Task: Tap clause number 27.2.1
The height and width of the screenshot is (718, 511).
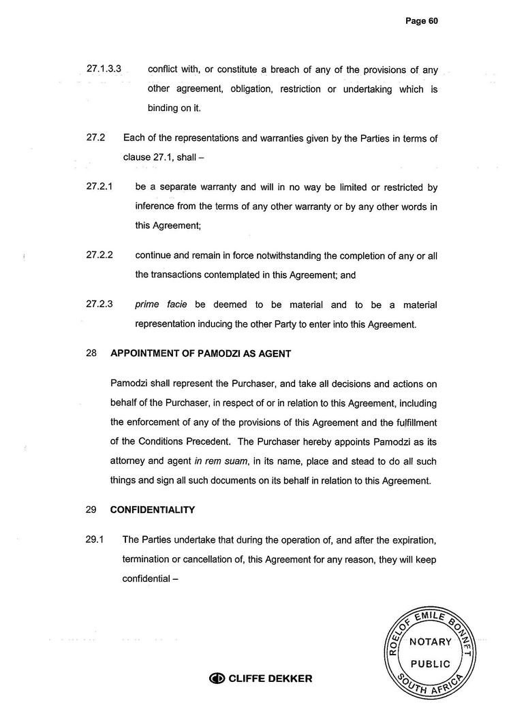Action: coord(99,187)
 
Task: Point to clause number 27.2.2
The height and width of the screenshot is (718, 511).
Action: coord(99,255)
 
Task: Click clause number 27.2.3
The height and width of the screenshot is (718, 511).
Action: coord(99,305)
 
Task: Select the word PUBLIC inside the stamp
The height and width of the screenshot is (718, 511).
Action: coord(431,664)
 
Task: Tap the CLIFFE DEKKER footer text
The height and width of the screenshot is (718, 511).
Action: coord(270,678)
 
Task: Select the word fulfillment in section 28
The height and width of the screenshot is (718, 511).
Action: coord(407,421)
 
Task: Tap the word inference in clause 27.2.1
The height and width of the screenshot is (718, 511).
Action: coord(157,206)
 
